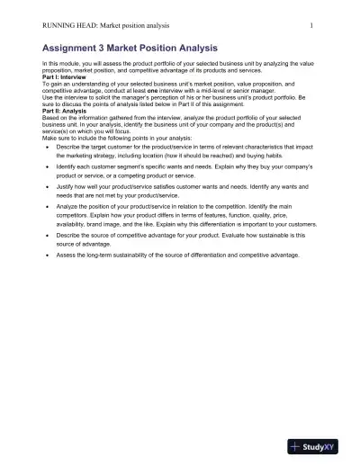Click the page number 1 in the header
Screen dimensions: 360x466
310,25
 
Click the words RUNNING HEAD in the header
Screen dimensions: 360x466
67,25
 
